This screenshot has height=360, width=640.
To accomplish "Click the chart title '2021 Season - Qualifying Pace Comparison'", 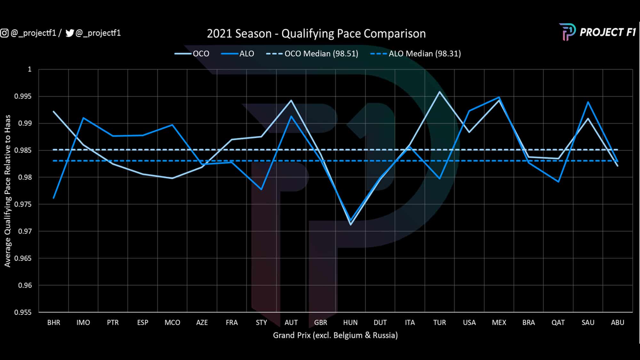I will (x=316, y=34).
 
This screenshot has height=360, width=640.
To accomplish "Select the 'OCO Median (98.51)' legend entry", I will (x=321, y=53).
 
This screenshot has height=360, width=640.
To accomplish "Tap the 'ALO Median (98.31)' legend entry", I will (x=425, y=53).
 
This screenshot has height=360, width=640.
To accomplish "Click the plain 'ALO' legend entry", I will (x=246, y=53).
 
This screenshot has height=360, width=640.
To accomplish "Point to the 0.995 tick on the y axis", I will (x=23, y=96).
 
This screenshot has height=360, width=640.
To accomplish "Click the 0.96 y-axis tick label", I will (x=25, y=285).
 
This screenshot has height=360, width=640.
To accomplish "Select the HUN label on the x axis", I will (x=350, y=323).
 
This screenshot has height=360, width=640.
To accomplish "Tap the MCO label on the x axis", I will (x=172, y=323).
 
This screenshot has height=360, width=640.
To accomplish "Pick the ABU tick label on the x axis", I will (x=617, y=323).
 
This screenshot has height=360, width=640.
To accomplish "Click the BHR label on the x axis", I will (x=54, y=323).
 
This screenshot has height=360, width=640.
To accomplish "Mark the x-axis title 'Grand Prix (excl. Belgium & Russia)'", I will (x=335, y=335).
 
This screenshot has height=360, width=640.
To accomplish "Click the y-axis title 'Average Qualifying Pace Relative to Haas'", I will (x=7, y=191).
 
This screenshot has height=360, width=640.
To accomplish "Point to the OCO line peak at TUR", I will (x=439, y=92).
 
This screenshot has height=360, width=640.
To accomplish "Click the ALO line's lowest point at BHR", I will (x=54, y=198).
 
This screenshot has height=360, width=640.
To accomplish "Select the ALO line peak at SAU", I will (x=588, y=102).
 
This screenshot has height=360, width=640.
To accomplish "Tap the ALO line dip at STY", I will (x=261, y=189).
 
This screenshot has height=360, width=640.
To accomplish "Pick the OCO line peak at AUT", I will (x=291, y=100).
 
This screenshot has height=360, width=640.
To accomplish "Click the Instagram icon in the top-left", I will (x=4, y=33).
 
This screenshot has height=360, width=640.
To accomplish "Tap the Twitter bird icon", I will (x=70, y=33).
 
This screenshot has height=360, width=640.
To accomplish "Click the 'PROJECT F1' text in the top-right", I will (x=607, y=32).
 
